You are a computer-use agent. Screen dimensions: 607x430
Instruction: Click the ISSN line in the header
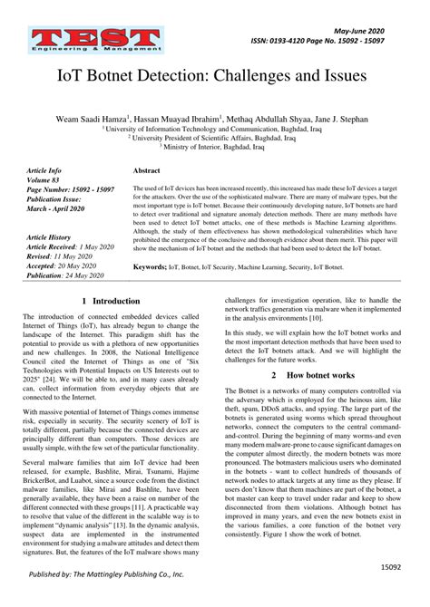coord(335,42)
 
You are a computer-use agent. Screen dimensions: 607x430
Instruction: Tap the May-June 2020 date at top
coord(377,29)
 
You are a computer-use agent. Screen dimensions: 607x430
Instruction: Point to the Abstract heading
coord(147,170)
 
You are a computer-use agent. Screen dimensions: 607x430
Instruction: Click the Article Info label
coord(44,170)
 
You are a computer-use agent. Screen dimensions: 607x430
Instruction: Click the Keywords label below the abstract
coord(150,268)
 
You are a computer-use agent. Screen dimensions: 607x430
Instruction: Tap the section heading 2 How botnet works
coord(312,374)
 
